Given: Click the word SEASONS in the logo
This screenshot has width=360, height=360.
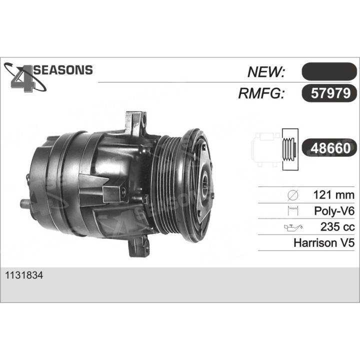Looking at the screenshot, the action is [63, 70].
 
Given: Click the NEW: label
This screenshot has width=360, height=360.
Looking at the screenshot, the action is [266, 72].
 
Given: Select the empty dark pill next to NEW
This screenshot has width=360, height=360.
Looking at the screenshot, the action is [329, 71].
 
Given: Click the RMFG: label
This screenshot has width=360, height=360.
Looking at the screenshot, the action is [261, 93].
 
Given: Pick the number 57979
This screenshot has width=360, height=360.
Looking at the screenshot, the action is [330, 93].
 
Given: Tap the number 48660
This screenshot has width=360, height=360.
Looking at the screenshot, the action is [330, 148].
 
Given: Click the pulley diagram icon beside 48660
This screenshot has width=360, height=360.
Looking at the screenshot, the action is [275, 149].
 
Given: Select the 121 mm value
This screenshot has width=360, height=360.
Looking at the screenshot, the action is [334, 195].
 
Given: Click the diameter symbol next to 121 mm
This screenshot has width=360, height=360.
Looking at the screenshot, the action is [292, 195].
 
